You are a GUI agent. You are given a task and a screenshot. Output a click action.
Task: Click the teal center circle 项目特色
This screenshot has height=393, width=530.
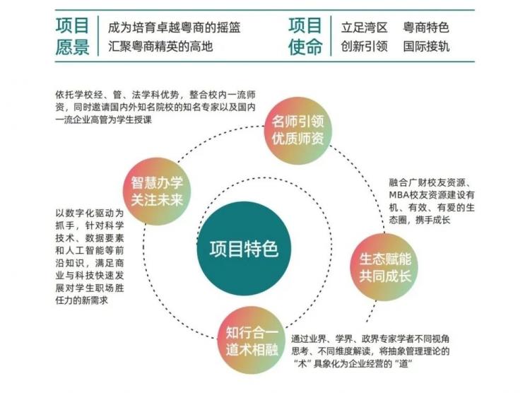click(x=244, y=248)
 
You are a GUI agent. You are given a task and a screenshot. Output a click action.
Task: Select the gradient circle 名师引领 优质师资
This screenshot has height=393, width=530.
click(x=298, y=131)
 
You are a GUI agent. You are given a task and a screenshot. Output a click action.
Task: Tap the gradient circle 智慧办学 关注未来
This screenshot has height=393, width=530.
click(x=157, y=191)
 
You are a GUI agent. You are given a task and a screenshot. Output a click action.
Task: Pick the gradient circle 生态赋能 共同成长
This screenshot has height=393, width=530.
click(x=384, y=267)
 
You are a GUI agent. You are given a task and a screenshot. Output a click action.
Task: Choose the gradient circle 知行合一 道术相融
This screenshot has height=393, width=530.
click(x=252, y=340)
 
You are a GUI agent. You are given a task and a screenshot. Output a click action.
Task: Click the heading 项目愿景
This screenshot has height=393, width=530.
click(x=72, y=36)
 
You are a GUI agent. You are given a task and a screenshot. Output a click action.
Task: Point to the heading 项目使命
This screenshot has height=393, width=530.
click(x=305, y=36)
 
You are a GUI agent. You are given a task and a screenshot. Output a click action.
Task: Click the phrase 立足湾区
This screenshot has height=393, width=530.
click(x=364, y=28)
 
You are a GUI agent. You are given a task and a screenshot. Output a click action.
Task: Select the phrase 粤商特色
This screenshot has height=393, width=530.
click(x=426, y=28)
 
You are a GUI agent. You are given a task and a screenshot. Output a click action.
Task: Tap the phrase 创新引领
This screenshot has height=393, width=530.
click(x=364, y=46)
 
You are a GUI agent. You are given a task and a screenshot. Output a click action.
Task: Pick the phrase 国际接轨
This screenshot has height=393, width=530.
click(x=426, y=46)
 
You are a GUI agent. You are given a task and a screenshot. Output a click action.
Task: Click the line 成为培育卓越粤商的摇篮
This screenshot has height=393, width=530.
click(x=174, y=28)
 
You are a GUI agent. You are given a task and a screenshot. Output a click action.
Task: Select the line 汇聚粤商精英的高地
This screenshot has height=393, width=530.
click(x=160, y=46)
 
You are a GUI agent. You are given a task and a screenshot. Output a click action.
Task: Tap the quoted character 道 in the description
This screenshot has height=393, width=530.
click(x=404, y=364)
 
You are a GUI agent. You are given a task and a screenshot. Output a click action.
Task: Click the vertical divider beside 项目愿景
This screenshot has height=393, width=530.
click(x=98, y=36)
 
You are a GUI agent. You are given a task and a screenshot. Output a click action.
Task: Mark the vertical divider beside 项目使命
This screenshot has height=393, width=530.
click(x=331, y=36)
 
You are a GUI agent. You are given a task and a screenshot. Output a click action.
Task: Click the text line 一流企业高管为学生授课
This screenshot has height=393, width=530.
click(x=104, y=119)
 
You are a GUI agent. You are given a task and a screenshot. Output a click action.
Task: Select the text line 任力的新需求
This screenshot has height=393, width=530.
click(x=81, y=300)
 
